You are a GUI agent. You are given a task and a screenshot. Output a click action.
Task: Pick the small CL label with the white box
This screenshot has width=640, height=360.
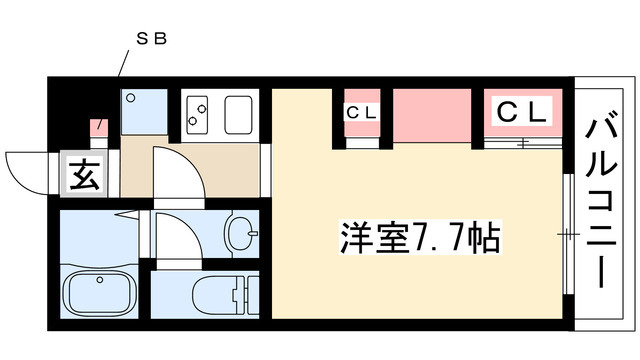(x=361, y=113)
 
